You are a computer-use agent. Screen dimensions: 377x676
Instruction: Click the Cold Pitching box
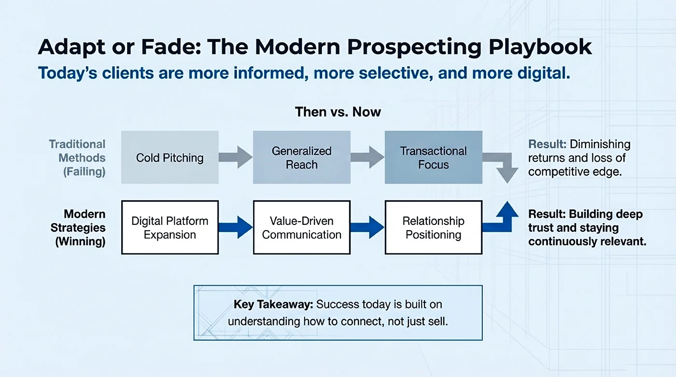(x=169, y=157)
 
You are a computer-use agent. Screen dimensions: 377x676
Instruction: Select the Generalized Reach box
(x=302, y=157)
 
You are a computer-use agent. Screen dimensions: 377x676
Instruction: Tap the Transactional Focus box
(x=433, y=157)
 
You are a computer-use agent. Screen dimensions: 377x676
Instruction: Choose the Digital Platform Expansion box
(x=169, y=228)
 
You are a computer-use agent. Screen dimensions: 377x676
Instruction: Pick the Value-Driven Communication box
(x=302, y=228)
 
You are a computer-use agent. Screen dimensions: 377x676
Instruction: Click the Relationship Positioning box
(x=433, y=228)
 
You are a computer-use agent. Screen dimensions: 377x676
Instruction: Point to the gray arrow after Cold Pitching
(x=236, y=157)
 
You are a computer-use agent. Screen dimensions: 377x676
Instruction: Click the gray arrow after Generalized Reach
(x=367, y=157)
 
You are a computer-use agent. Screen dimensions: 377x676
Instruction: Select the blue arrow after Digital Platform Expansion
(x=236, y=227)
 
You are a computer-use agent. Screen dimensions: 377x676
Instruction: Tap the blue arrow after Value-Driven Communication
(x=367, y=227)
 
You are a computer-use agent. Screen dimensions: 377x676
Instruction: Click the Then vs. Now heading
(x=338, y=112)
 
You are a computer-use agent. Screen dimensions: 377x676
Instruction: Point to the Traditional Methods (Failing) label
(x=77, y=158)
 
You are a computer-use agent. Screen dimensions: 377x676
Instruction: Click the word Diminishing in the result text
(x=600, y=144)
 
